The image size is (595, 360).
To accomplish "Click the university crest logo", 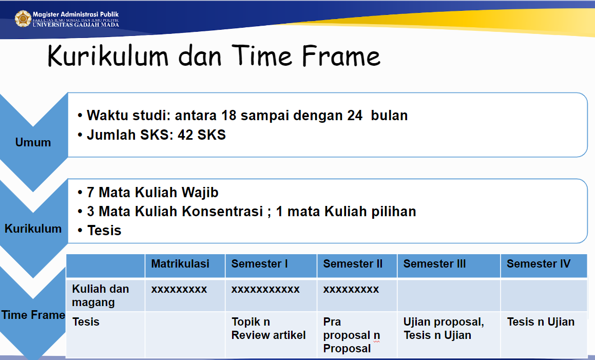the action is point(23,18).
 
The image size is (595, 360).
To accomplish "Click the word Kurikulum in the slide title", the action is point(108,56).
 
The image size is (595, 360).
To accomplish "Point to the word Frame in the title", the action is point(341,56).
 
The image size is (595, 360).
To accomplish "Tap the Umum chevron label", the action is point(33,142).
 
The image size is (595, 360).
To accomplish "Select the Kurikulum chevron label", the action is point(33,229).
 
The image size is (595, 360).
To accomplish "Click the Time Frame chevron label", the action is point(33,315).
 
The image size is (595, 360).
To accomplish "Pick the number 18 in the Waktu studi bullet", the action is point(229,116).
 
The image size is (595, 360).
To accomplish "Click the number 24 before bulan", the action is point(355,116).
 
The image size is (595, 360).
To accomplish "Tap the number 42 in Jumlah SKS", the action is point(185,135).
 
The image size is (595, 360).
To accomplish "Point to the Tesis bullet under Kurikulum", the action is point(104,231).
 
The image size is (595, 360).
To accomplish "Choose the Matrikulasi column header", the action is point(180,263).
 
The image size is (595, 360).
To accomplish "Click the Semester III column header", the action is point(434,263).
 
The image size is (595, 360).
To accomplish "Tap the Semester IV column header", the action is point(539,263).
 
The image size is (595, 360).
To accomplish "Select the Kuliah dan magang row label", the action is point(101,295).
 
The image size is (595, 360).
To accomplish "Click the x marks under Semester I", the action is point(265,289).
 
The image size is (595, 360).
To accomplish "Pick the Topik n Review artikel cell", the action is point(268,329).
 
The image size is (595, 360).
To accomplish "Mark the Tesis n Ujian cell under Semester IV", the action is point(541,322).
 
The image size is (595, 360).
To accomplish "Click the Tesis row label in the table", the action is point(86,322).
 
